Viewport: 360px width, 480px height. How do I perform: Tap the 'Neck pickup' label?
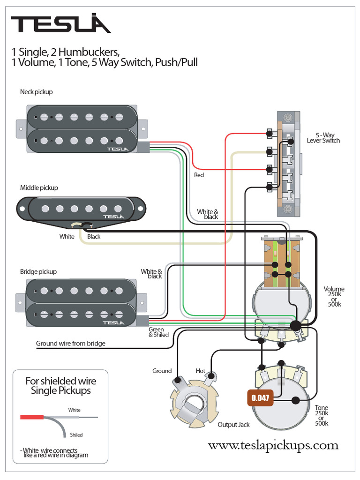pos(37,92)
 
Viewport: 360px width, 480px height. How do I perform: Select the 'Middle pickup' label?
pos(39,188)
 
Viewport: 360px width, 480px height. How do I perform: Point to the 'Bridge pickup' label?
pos(38,271)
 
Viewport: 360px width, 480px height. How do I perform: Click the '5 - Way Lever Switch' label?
pos(323,138)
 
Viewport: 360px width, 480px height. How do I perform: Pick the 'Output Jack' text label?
pos(233,425)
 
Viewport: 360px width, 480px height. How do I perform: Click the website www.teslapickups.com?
pos(273,445)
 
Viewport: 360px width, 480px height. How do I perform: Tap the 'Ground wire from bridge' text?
pos(71,344)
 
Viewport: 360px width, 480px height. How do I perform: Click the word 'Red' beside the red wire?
pos(199,175)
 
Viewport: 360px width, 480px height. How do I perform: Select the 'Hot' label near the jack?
pos(201,371)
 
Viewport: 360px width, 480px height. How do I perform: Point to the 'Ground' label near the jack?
pos(162,371)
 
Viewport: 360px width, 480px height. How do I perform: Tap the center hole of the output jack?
pos(193,404)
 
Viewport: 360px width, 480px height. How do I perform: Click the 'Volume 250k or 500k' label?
pos(334,297)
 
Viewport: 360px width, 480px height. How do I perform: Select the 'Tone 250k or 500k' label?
pos(322,415)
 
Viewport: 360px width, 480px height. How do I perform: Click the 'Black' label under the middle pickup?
pos(94,237)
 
